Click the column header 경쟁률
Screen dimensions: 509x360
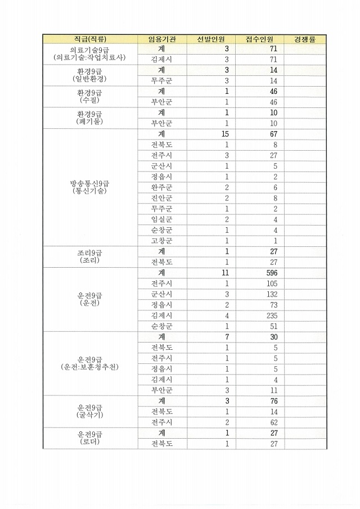(304, 39)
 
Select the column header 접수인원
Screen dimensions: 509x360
(259, 39)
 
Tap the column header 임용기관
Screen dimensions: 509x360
(161, 39)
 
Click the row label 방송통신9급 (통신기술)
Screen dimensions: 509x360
(89, 187)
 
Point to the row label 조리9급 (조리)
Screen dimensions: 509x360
(89, 256)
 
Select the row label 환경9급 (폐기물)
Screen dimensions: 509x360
(89, 118)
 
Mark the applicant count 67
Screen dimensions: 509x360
(274, 134)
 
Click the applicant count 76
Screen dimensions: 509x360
(274, 400)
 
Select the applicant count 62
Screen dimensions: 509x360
(274, 422)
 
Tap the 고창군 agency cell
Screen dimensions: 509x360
(161, 241)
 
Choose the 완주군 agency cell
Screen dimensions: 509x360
(161, 187)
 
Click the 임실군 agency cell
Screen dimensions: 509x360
(161, 219)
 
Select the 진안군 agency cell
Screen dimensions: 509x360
(161, 198)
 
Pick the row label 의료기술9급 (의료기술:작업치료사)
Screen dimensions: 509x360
(89, 54)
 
